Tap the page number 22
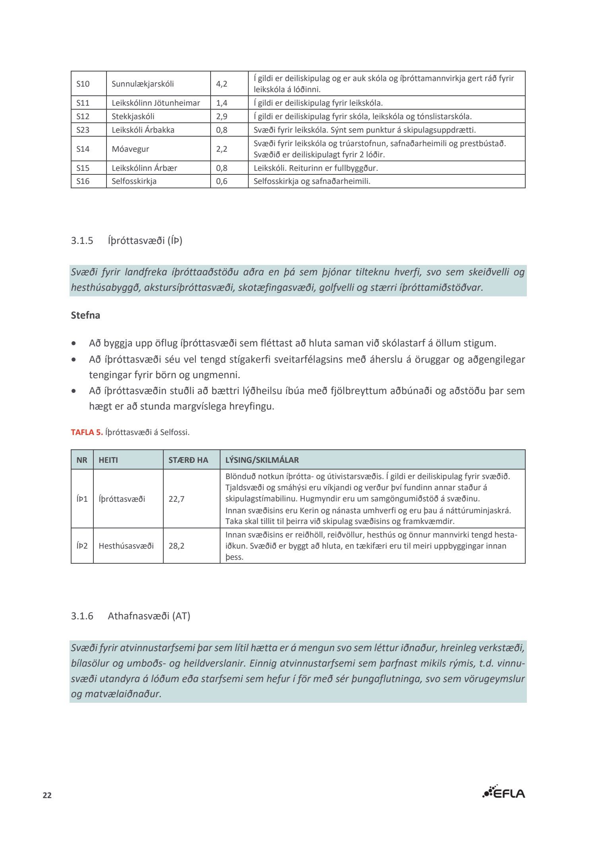click(x=47, y=795)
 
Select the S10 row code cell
click(x=83, y=84)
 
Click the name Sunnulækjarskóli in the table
click(x=143, y=84)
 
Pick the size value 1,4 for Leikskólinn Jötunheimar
click(x=222, y=103)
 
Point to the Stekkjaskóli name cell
click(x=133, y=116)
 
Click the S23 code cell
click(x=83, y=130)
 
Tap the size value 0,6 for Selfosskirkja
click(x=222, y=181)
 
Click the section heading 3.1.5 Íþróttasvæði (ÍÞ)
click(x=127, y=241)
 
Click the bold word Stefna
click(x=85, y=315)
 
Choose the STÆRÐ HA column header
click(x=188, y=460)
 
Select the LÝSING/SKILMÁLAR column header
click(x=262, y=460)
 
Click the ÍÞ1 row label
click(x=82, y=499)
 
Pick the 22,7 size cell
click(x=176, y=499)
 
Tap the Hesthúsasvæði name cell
click(x=126, y=546)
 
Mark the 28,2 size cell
click(x=176, y=546)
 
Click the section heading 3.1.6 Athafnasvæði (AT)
click(x=131, y=616)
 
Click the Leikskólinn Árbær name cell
click(x=144, y=168)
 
